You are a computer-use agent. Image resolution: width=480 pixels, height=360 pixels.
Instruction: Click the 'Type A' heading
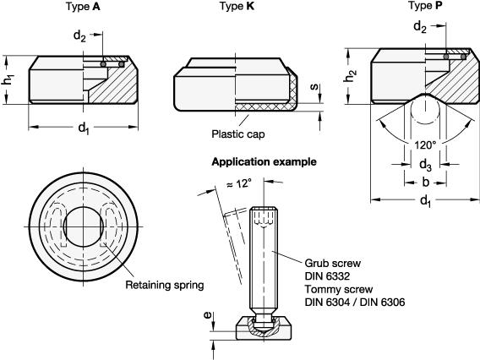84,7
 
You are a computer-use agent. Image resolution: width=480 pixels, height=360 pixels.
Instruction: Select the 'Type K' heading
237,6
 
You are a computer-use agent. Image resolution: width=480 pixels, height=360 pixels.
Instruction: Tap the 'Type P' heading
426,6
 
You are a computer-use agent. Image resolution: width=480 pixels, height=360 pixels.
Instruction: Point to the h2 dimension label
351,76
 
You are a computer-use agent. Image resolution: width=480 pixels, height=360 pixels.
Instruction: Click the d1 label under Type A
84,128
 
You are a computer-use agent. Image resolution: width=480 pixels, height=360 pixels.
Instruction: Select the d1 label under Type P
426,201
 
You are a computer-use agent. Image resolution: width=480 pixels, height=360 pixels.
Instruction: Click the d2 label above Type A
79,36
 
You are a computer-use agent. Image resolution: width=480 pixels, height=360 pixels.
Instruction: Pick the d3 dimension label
426,165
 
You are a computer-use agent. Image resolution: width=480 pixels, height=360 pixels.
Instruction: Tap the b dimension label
426,183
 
